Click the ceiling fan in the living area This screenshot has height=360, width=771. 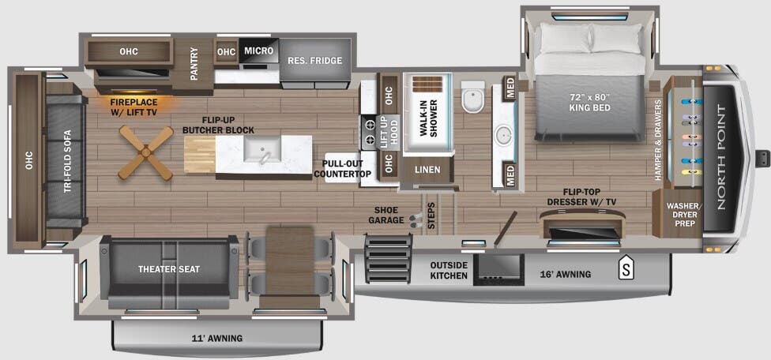click(x=146, y=153)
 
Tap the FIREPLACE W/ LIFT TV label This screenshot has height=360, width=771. click(x=134, y=107)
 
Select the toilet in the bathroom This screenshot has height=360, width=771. click(x=473, y=97)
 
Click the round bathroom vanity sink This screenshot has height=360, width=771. click(x=503, y=136)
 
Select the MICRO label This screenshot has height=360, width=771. click(x=258, y=51)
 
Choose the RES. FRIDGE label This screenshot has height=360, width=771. click(x=307, y=61)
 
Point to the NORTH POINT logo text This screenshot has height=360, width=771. click(x=720, y=157)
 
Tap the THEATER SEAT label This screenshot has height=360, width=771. click(x=169, y=269)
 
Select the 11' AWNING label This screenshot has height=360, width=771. click(x=217, y=339)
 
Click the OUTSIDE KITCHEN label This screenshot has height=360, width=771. click(x=448, y=270)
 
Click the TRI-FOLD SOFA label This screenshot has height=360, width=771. click(x=68, y=167)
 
